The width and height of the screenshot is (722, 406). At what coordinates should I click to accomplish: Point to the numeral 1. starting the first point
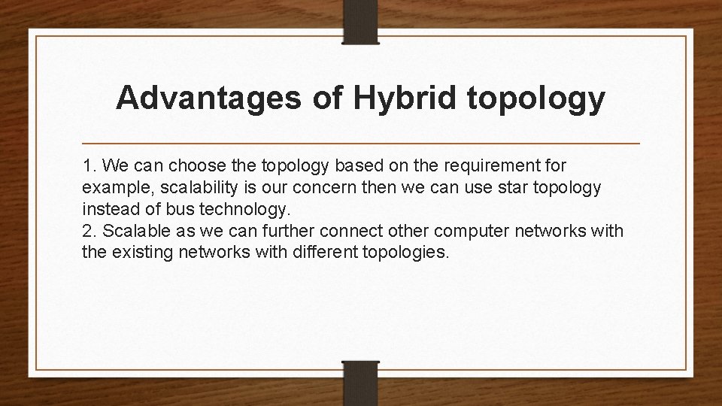tap(89, 165)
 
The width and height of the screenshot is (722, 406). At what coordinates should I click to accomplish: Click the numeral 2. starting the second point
tap(89, 230)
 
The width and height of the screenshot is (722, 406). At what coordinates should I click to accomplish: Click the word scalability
tap(189, 187)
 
